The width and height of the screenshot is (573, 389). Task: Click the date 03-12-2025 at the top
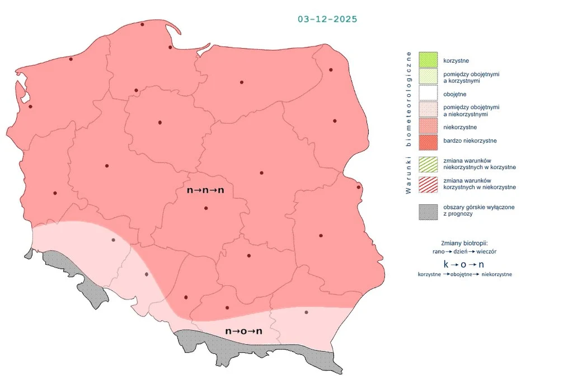point(327,19)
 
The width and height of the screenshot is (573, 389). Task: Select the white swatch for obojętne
point(428,94)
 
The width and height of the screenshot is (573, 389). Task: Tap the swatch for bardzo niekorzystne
point(428,141)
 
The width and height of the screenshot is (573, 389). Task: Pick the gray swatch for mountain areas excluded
point(428,211)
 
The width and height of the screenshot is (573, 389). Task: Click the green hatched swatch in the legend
point(428,164)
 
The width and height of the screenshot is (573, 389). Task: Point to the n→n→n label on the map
point(205,191)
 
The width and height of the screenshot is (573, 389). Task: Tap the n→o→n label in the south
point(244,331)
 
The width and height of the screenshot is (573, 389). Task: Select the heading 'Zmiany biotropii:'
point(464,243)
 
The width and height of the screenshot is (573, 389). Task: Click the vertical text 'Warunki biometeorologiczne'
point(408,123)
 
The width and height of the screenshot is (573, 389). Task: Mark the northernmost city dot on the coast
point(142,25)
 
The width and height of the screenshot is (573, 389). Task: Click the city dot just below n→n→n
point(206,208)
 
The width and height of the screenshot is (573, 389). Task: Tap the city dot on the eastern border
point(359,187)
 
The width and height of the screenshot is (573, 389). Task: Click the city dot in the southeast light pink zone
point(306,312)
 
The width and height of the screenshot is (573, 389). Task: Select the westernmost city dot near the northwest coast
point(30,106)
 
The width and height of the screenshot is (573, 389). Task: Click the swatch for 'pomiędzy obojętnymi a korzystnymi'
point(428,77)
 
